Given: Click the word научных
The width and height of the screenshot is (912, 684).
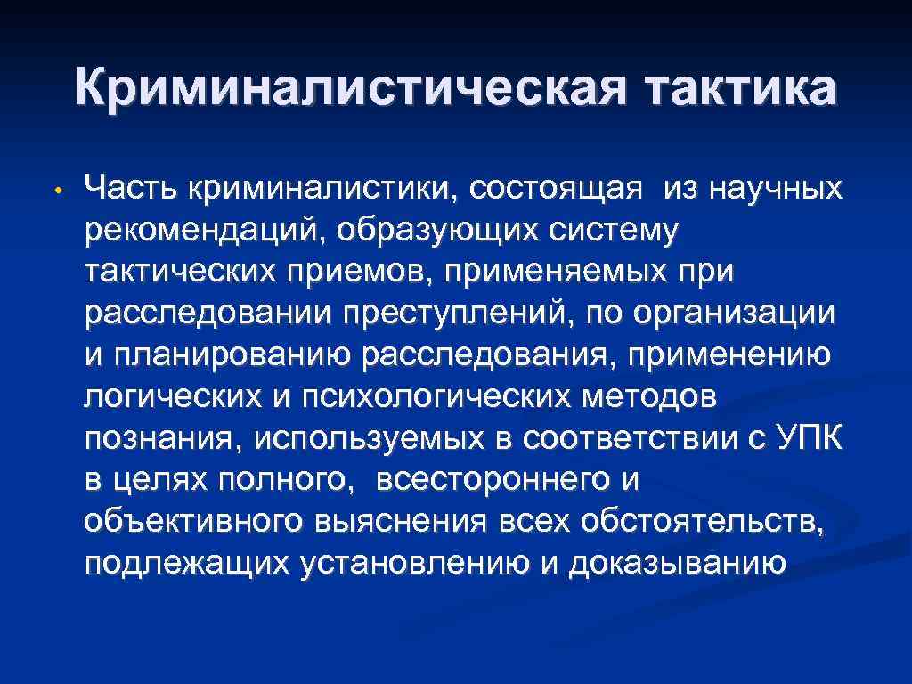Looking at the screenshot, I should tap(764, 189).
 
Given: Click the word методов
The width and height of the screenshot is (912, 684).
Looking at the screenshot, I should tap(648, 397).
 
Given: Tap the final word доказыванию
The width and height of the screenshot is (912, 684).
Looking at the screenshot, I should tap(678, 564).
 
